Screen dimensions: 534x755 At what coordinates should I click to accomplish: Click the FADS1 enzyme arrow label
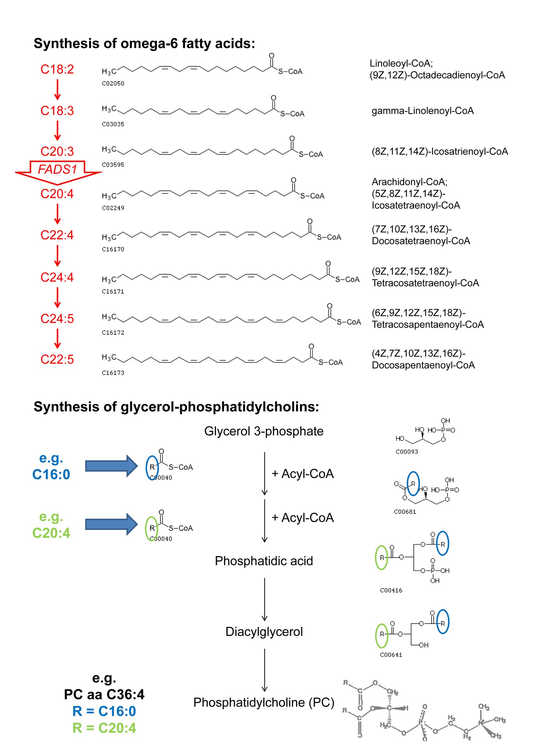click(x=57, y=169)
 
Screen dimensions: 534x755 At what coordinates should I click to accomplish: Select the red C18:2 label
click(x=57, y=69)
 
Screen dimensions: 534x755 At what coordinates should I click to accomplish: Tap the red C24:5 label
click(x=57, y=319)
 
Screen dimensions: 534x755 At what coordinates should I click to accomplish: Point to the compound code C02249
click(x=113, y=208)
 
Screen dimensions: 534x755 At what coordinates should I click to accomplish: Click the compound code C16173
click(x=113, y=373)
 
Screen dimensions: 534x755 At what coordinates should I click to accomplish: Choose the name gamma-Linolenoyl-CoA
click(x=423, y=111)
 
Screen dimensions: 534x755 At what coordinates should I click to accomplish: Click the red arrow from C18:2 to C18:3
click(x=57, y=89)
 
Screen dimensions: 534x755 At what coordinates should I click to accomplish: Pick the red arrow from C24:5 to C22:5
click(x=57, y=339)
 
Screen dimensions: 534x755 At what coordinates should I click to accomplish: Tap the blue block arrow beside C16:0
click(x=112, y=466)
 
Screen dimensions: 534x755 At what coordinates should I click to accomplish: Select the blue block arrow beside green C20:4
click(x=112, y=524)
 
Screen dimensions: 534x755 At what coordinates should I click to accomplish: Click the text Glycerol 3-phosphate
click(x=264, y=431)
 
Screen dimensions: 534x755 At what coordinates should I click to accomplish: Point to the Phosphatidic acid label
click(x=264, y=561)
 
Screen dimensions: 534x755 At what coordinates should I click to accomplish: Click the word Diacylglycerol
click(x=264, y=632)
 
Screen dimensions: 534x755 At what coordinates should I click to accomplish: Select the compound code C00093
click(x=407, y=451)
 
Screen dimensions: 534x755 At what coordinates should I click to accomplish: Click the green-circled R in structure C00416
click(x=382, y=557)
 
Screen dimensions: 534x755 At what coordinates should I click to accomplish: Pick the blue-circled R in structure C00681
click(x=413, y=484)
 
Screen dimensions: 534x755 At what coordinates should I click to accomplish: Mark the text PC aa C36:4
click(x=104, y=694)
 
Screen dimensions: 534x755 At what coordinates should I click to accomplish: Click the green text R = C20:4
click(x=104, y=727)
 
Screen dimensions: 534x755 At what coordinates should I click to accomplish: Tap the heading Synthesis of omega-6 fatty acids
click(x=144, y=43)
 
